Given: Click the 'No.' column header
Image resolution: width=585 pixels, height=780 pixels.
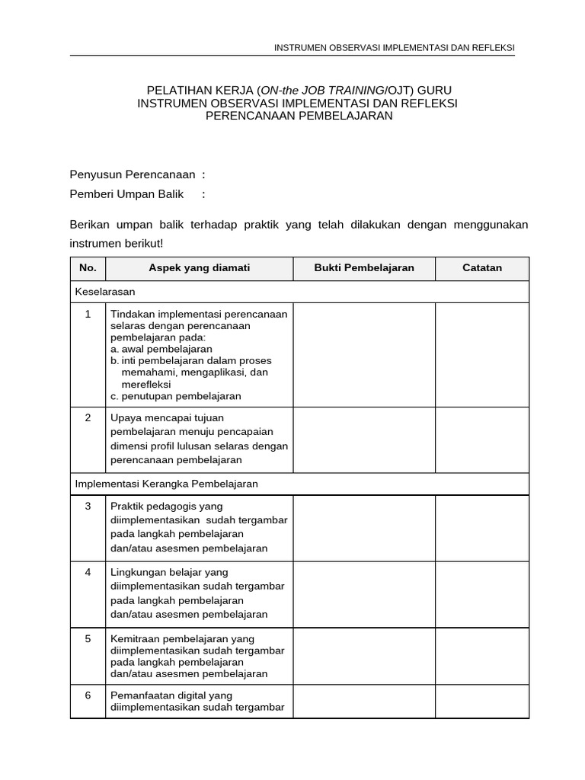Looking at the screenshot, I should (x=88, y=268).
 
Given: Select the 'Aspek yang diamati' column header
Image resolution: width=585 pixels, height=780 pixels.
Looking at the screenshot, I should (x=199, y=268).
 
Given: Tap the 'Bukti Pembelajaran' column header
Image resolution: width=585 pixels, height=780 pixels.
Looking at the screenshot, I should (x=364, y=268).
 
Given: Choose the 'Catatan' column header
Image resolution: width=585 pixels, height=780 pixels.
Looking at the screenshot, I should (x=482, y=268).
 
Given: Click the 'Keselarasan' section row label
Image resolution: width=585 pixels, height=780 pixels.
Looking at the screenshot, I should (x=105, y=292).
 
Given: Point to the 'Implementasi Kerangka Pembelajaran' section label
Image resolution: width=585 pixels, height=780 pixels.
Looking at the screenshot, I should (x=167, y=484).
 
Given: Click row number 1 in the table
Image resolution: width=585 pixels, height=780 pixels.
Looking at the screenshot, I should (x=88, y=314).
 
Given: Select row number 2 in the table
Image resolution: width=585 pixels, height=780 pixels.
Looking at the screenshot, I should (x=88, y=417).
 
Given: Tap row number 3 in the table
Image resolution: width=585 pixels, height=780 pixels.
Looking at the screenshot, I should (x=88, y=506).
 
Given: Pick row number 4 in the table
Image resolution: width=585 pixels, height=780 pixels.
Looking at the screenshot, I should (x=88, y=572).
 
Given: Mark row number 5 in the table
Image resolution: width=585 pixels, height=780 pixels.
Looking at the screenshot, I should (x=88, y=638).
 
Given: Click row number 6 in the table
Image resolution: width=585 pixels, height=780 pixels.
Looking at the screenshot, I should (x=88, y=695).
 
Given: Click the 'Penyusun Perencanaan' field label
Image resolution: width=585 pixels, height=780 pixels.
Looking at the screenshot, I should (x=133, y=174).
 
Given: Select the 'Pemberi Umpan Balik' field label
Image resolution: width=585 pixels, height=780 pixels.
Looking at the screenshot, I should (x=127, y=194).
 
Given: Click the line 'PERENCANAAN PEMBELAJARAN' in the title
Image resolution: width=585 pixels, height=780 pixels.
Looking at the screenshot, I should (x=299, y=116).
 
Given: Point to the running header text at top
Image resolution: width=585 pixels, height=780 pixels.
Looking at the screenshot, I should (x=394, y=48).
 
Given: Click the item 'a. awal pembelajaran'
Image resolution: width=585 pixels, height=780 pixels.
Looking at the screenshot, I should (x=161, y=349).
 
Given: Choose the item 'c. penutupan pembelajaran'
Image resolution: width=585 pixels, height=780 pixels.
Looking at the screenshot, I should (x=176, y=396).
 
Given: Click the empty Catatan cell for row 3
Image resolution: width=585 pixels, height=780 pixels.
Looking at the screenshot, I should (x=482, y=528).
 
